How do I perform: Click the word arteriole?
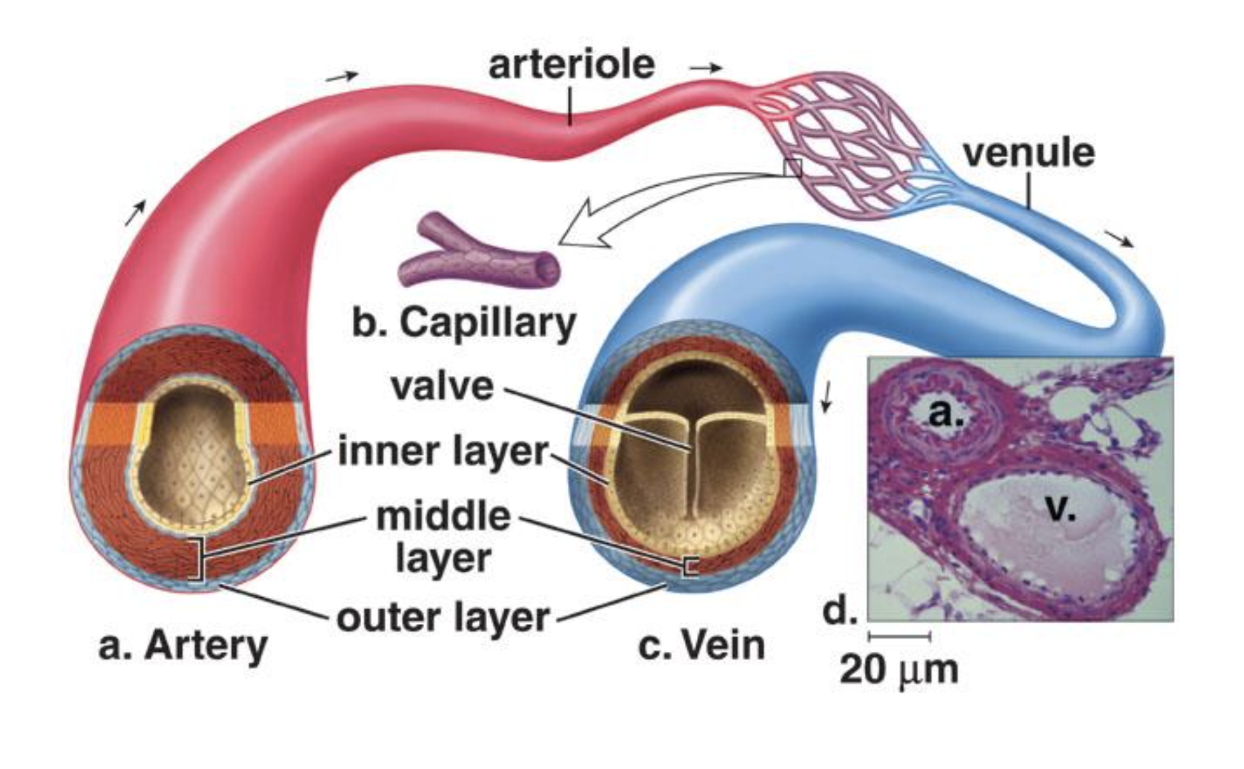click(571, 65)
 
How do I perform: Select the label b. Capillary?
click(463, 323)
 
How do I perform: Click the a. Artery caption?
click(183, 646)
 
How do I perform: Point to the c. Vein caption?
click(701, 646)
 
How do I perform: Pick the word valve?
click(442, 387)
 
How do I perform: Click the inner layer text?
click(443, 451)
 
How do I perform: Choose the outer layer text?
click(443, 617)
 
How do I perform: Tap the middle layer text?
click(443, 537)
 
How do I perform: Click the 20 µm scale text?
click(898, 669)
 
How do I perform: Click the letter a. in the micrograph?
click(946, 415)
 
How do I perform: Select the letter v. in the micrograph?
click(1060, 510)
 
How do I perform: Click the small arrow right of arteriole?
click(706, 68)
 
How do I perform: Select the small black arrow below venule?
click(1118, 238)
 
